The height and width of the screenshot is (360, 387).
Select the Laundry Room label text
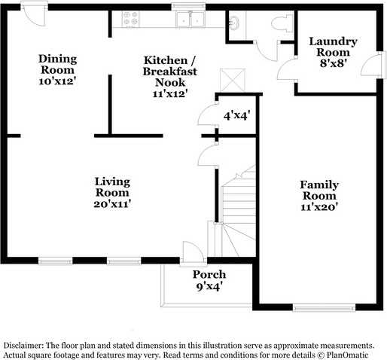tap(332, 47)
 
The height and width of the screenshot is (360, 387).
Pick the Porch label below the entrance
tap(209, 279)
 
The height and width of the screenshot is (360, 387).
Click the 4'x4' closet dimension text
tap(238, 117)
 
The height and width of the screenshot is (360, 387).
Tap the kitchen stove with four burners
tap(128, 20)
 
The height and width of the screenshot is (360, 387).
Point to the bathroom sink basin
tap(233, 24)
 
